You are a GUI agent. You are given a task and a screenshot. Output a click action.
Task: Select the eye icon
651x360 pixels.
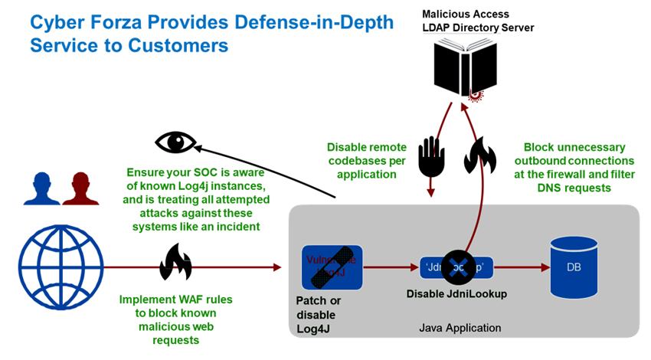point(177,142)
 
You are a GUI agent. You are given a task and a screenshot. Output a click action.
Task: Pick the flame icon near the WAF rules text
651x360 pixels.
point(175,262)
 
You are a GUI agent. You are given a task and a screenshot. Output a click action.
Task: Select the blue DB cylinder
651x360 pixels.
point(573,267)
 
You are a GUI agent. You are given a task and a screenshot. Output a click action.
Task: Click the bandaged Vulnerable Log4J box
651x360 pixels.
point(332,266)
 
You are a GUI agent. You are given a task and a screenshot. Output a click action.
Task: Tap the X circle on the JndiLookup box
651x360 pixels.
point(459,267)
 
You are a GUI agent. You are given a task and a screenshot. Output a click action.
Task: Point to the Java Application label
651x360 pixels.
point(460,328)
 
